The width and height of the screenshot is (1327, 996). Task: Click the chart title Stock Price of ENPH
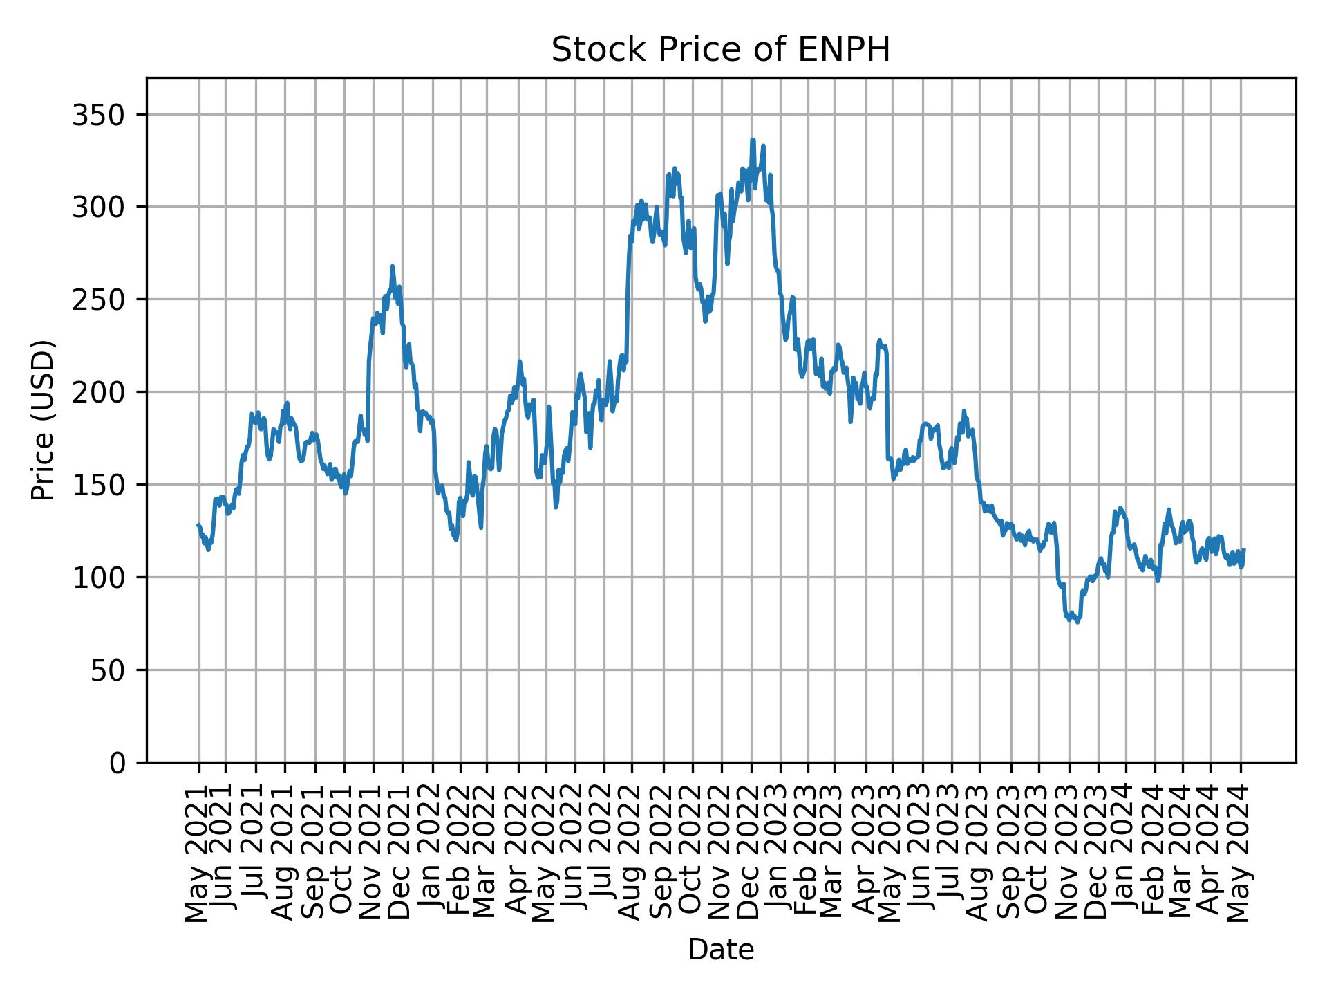(720, 50)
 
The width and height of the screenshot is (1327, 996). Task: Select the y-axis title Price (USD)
(43, 419)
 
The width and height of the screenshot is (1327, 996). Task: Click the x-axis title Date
(720, 950)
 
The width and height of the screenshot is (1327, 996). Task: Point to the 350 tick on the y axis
(103, 114)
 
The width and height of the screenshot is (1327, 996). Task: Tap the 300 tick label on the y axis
(103, 207)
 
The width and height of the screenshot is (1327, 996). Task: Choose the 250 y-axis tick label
(103, 299)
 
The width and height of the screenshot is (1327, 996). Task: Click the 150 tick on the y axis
(103, 484)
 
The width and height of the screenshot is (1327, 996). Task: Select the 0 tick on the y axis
(118, 762)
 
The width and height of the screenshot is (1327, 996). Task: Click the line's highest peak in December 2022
(753, 140)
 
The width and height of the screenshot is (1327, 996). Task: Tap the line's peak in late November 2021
(392, 266)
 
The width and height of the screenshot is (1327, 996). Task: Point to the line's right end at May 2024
(1244, 550)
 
